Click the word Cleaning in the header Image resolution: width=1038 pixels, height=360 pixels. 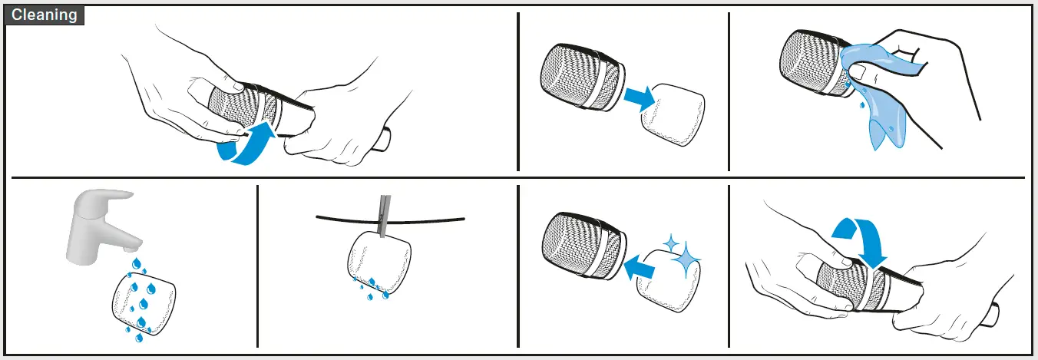click(45, 15)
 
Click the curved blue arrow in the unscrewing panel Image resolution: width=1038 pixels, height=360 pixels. click(244, 146)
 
